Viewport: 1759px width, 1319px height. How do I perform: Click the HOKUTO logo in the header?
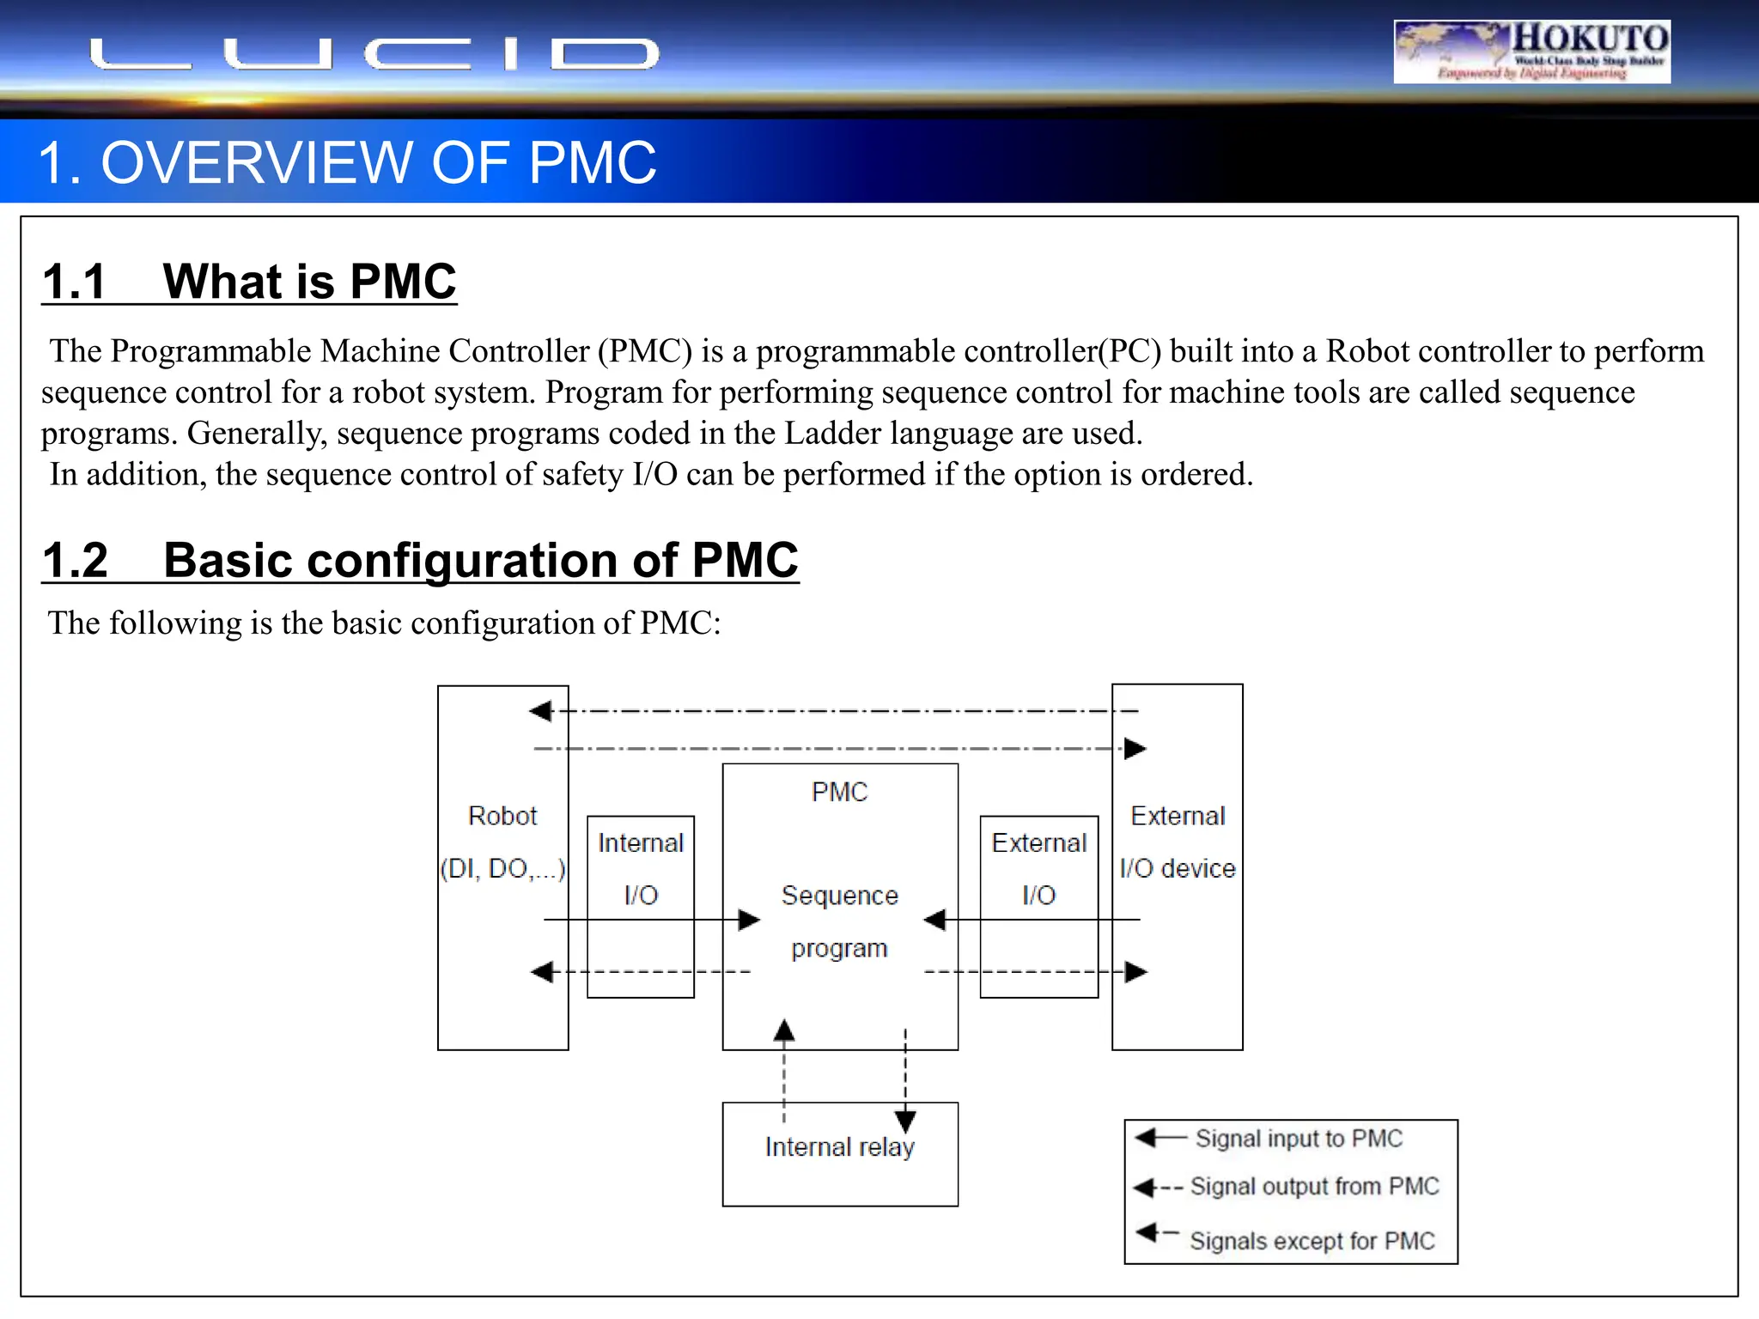pos(1531,51)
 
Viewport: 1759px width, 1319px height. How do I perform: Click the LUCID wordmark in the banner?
pos(374,54)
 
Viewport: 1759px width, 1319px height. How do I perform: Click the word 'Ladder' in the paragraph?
pos(833,433)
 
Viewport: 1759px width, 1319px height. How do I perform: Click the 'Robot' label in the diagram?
pos(502,815)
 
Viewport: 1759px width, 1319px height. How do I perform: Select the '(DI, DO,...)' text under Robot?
pos(502,868)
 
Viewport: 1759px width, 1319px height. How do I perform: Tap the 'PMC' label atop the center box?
pos(839,791)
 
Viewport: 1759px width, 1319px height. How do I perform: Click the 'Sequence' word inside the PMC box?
pos(839,895)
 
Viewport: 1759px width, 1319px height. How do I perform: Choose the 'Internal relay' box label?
pos(839,1146)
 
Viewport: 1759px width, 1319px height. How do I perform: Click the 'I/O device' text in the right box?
pos(1177,868)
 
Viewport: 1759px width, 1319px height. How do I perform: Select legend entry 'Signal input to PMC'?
pos(1298,1138)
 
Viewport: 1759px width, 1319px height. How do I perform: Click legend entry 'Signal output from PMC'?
pos(1313,1186)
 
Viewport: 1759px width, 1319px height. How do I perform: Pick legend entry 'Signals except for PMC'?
pos(1312,1240)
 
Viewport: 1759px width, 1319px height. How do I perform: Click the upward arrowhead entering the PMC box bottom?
pos(783,1030)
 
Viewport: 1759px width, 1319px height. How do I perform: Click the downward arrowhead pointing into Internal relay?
pos(905,1120)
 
